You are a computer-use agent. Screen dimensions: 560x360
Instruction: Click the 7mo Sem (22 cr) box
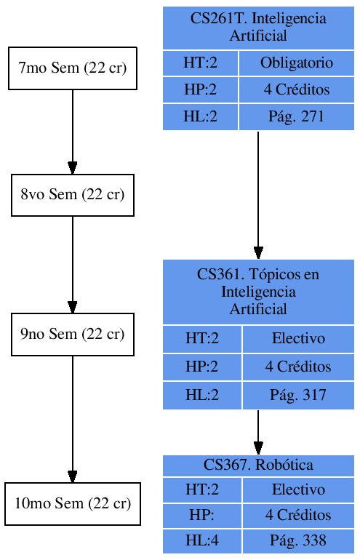(72, 68)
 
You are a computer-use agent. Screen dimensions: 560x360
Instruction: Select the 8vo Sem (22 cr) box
(72, 195)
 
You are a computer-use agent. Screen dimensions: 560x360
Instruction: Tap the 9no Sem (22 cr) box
(72, 335)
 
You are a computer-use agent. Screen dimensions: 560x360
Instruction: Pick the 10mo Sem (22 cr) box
(72, 503)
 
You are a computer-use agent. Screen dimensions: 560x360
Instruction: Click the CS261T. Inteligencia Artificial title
(258, 27)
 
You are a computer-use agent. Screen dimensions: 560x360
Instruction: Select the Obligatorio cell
(296, 63)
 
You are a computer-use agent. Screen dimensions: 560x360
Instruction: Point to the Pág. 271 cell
(296, 116)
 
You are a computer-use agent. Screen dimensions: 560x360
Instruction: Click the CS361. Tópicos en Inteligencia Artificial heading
(258, 292)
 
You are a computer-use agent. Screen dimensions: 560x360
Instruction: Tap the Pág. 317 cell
(298, 395)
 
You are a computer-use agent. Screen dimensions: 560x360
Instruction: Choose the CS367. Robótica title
(258, 465)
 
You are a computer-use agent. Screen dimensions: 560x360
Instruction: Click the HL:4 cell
(202, 540)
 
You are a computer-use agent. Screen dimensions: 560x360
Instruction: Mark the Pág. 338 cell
(298, 540)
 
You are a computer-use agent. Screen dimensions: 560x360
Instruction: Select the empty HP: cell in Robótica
(202, 515)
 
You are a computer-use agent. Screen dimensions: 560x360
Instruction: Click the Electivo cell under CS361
(298, 338)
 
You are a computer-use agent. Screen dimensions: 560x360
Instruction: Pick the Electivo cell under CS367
(298, 489)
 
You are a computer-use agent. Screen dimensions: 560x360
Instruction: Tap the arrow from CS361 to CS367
(258, 432)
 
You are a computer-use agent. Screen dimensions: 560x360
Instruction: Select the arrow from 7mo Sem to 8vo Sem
(72, 132)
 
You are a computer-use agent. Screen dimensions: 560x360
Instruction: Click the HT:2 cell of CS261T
(201, 63)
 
